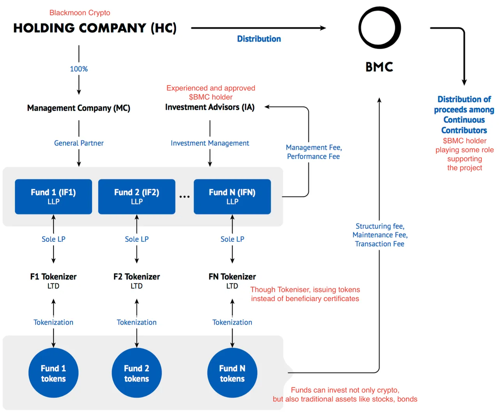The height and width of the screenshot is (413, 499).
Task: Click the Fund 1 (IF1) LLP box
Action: [53, 197]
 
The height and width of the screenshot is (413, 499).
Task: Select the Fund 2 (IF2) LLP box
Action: [137, 197]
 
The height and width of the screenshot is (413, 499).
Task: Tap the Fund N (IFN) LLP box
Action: [232, 197]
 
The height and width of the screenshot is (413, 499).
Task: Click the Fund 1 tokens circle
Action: [53, 372]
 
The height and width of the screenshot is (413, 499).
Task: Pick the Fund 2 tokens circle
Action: [137, 372]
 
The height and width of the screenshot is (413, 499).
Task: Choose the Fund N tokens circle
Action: [232, 372]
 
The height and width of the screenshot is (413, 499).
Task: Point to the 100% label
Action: [79, 69]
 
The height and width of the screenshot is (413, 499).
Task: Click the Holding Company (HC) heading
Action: [95, 28]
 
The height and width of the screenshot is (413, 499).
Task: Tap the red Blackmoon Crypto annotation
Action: [80, 12]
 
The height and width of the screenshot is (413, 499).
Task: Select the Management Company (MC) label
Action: [79, 108]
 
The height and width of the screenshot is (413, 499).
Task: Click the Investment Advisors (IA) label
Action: [210, 107]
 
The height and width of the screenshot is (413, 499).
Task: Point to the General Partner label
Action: [79, 143]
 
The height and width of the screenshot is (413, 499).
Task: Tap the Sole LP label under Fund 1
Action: [53, 239]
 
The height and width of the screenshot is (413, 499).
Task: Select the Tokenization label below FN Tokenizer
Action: [232, 323]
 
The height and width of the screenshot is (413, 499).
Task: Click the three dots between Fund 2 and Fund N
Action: [184, 197]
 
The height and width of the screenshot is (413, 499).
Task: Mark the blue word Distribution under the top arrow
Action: [259, 39]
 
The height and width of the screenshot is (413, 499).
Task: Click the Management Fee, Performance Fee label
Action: [314, 152]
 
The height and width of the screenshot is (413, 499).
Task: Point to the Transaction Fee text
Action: [379, 244]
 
